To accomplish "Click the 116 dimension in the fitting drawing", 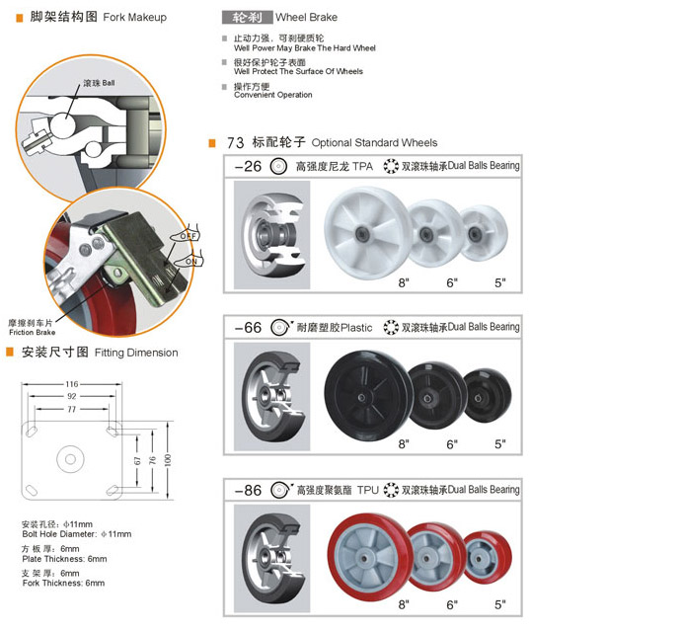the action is click(x=72, y=384).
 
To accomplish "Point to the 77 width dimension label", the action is click(x=72, y=409).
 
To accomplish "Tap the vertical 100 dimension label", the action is click(x=168, y=460).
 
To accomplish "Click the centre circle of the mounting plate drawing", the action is click(x=70, y=459).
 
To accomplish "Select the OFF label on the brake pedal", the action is click(x=189, y=236).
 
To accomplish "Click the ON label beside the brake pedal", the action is click(x=191, y=262).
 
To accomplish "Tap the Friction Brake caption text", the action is click(x=33, y=332).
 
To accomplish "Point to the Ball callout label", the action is click(x=109, y=83).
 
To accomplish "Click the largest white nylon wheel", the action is click(x=367, y=233).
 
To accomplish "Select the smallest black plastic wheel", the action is click(x=487, y=396).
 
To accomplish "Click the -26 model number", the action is click(x=248, y=166).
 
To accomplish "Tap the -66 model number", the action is click(x=248, y=327).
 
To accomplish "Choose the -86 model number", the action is click(x=248, y=491).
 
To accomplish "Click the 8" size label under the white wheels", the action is click(x=404, y=283).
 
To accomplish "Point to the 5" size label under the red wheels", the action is click(x=500, y=604).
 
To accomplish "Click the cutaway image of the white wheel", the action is click(x=271, y=235).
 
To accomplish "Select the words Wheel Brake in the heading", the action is click(x=306, y=18).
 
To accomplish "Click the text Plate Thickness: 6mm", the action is click(x=64, y=559).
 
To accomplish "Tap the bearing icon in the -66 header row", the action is click(x=391, y=327).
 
